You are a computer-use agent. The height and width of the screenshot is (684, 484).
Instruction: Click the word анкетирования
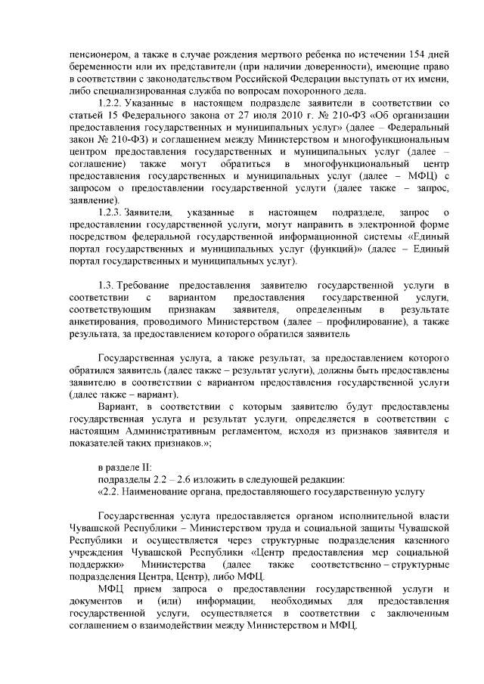point(103,320)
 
